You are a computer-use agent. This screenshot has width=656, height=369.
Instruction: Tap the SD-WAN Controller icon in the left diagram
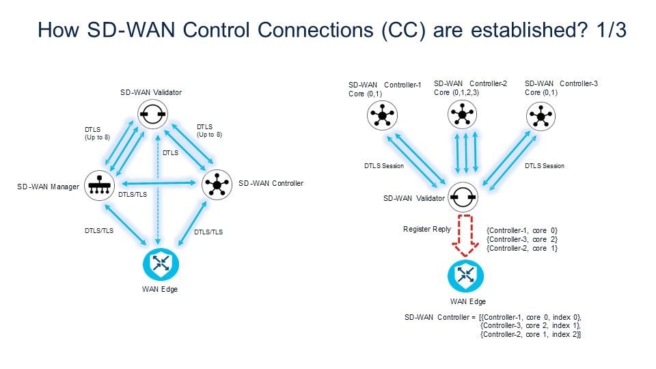(217, 184)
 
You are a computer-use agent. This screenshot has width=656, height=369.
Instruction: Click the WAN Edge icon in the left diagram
(161, 265)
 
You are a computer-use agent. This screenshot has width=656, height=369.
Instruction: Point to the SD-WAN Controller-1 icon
(381, 116)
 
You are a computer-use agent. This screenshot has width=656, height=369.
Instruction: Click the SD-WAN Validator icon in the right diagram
(463, 198)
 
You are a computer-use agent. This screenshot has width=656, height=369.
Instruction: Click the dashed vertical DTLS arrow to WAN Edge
(159, 198)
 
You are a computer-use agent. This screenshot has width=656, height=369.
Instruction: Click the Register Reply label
(427, 230)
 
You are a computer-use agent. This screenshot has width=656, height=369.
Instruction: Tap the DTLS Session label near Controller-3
(544, 166)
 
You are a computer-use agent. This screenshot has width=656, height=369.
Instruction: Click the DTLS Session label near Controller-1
(383, 166)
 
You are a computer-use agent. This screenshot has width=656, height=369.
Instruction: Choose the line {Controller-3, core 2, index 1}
(531, 325)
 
